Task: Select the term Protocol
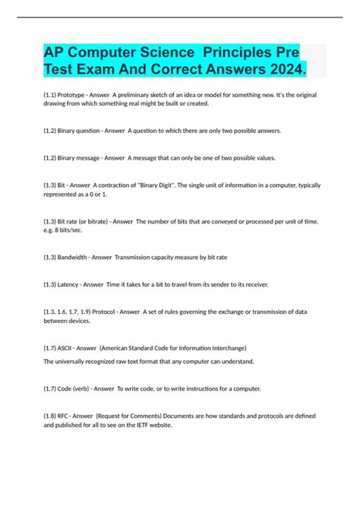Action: pos(114,311)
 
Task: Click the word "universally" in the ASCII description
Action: pos(73,361)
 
